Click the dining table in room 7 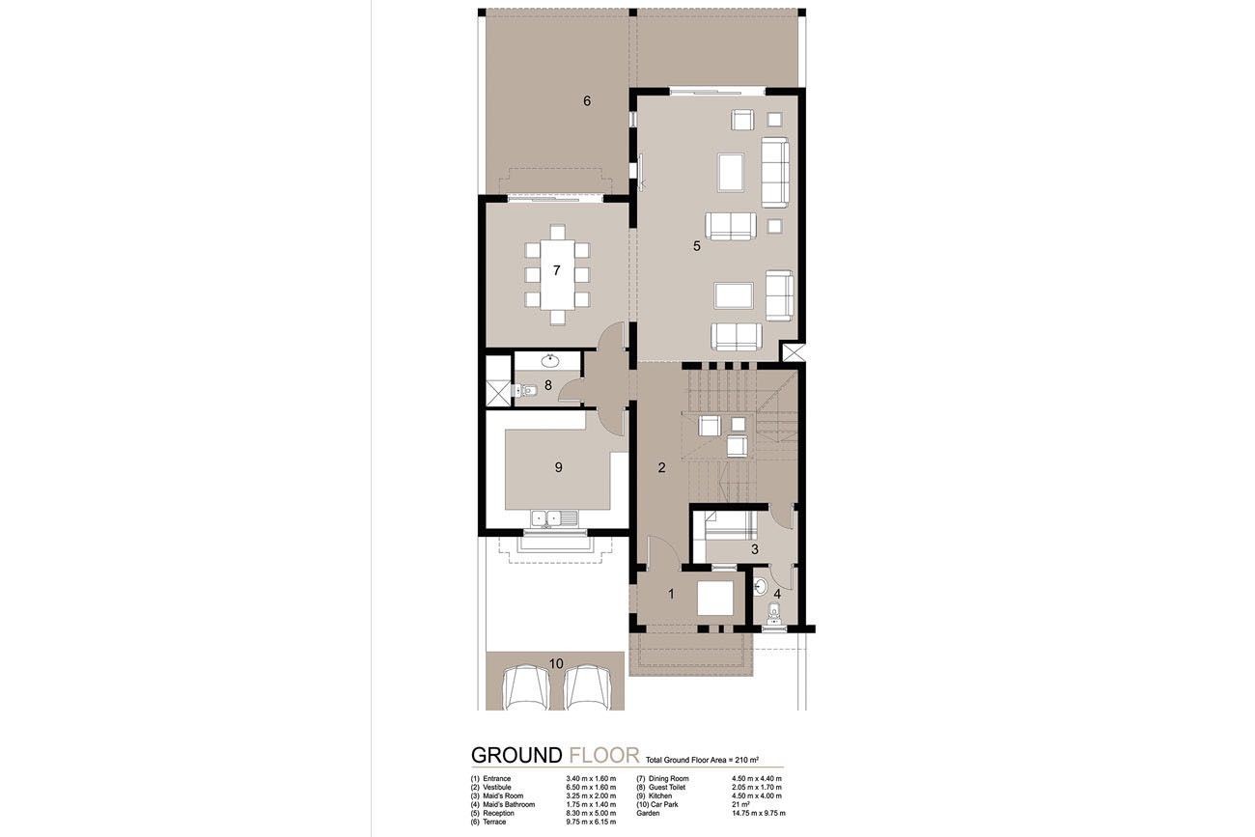coord(556,273)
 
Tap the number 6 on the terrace coord(586,100)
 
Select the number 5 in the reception coord(696,246)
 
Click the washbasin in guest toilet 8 coord(549,362)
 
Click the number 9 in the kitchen coord(558,467)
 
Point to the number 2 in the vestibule coord(661,469)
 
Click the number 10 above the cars coord(555,663)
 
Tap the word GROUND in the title coord(516,755)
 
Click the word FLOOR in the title coord(604,755)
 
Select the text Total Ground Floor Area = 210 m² coord(708,761)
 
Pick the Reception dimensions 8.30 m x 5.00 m coord(591,813)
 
